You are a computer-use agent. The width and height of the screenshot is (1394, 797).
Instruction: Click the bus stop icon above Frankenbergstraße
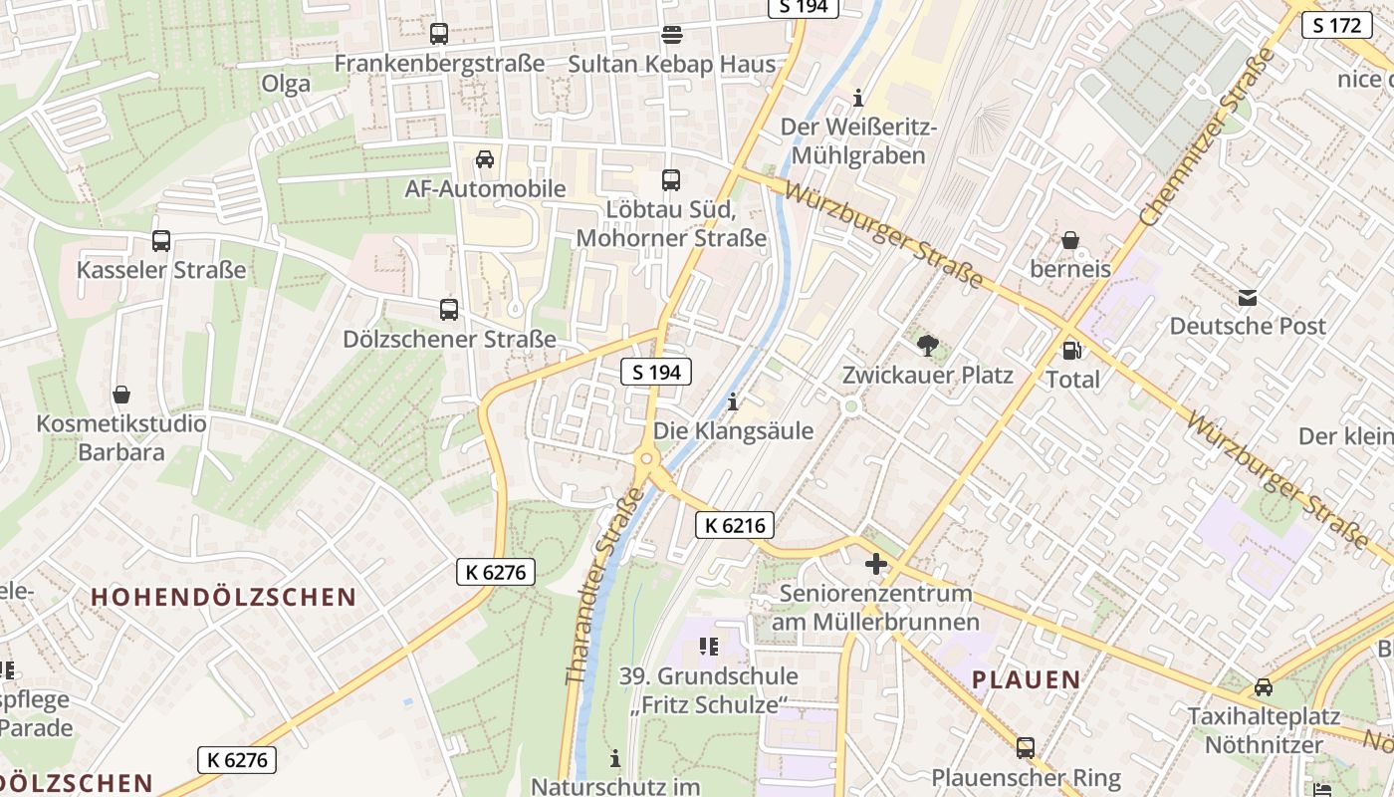pyautogui.click(x=438, y=34)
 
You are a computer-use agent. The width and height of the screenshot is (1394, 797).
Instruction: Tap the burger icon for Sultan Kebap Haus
pyautogui.click(x=672, y=36)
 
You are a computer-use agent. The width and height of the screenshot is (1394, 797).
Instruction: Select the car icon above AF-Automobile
pyautogui.click(x=485, y=159)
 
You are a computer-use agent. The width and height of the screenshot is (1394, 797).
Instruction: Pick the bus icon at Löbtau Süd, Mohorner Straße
pyautogui.click(x=671, y=180)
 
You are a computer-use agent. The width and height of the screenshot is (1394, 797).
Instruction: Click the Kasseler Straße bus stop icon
pyautogui.click(x=161, y=241)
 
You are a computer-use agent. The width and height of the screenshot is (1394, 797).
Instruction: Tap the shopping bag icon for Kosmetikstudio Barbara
pyautogui.click(x=121, y=395)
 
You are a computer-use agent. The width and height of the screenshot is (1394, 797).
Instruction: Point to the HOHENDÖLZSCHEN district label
pyautogui.click(x=223, y=597)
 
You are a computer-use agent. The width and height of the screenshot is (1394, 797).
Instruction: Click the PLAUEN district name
pyautogui.click(x=1026, y=680)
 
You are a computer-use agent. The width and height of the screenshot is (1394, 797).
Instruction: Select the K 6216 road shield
pyautogui.click(x=735, y=525)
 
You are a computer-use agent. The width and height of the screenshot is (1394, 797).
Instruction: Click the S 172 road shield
pyautogui.click(x=1337, y=25)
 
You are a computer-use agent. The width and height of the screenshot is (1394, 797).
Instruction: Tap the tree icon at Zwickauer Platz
pyautogui.click(x=927, y=346)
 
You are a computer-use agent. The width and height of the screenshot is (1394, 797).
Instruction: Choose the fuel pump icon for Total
pyautogui.click(x=1072, y=350)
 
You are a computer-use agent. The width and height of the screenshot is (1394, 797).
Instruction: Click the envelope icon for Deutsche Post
pyautogui.click(x=1247, y=297)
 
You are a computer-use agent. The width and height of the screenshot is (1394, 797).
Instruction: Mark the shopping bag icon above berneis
pyautogui.click(x=1070, y=240)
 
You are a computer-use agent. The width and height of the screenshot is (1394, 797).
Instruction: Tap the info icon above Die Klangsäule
pyautogui.click(x=733, y=402)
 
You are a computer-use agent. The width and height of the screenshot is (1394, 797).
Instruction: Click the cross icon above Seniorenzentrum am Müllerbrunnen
pyautogui.click(x=875, y=565)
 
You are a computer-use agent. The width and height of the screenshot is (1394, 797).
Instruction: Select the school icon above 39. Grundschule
pyautogui.click(x=708, y=647)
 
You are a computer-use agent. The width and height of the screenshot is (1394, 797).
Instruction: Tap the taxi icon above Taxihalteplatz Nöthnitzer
pyautogui.click(x=1263, y=687)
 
